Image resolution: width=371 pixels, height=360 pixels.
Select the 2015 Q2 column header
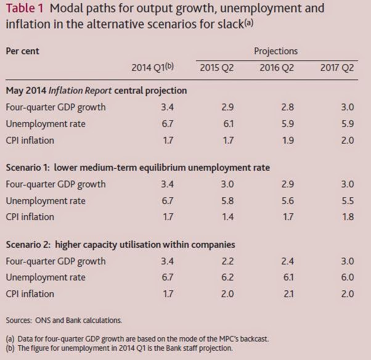point(216,67)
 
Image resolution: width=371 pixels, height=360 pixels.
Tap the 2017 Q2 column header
point(337,67)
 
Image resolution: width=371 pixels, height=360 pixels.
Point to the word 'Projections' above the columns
point(275,51)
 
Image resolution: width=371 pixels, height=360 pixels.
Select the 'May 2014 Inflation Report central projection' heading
point(96,91)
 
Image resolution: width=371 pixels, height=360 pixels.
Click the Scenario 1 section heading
point(137,167)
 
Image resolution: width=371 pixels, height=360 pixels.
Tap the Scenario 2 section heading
point(120,244)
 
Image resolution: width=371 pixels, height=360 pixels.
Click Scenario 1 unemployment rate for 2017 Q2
point(347,200)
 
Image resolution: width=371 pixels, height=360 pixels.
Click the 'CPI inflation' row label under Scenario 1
point(30,216)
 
